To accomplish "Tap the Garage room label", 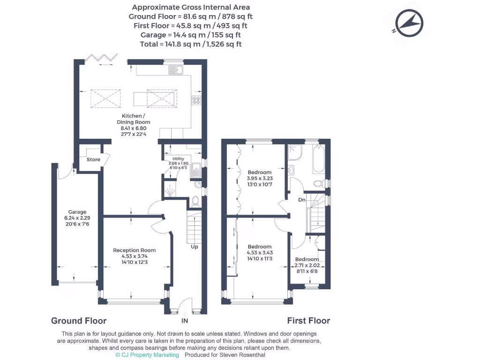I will coord(77,212).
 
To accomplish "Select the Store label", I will coord(93,159).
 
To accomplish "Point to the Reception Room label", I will coord(134,250).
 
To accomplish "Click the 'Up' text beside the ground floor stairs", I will coord(194,247).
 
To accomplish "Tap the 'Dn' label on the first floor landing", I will coord(302,200).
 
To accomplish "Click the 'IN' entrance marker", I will coord(185,322).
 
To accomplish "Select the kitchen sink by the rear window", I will coord(176,71).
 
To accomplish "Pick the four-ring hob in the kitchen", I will coord(195,100).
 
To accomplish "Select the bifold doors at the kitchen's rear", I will coord(100,58).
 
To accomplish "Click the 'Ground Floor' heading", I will coord(79,321).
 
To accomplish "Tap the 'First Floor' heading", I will coord(308,321).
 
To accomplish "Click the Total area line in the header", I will coord(191,44).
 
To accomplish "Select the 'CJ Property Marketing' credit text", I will coord(147,355).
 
